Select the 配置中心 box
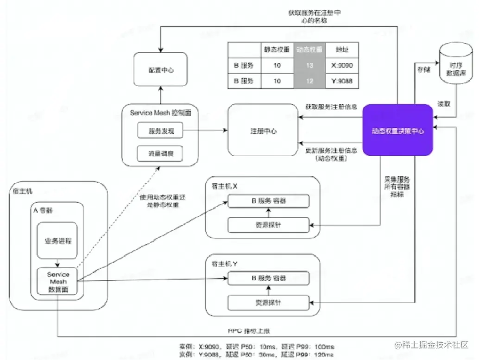coord(161,70)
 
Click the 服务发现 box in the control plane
coord(160,131)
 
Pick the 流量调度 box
coord(160,152)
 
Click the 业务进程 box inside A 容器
coord(57,240)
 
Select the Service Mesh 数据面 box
coord(58,282)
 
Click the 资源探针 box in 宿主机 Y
coord(268,303)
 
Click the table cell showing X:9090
coord(342,66)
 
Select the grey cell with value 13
coord(309,66)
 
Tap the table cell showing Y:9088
coord(342,81)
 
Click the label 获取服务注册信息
coord(331,107)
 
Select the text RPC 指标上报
coord(248,331)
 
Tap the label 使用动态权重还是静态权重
coord(159,201)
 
